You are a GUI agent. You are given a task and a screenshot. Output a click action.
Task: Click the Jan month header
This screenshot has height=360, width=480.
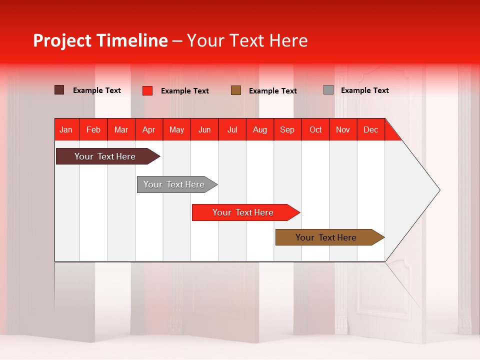66,129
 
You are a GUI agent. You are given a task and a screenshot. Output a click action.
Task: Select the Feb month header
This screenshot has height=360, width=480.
93,129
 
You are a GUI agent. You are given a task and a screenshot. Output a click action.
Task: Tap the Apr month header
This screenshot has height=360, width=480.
148,129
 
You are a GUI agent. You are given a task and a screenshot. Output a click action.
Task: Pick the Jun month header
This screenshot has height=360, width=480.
204,129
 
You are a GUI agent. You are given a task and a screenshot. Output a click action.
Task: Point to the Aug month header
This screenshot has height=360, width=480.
260,129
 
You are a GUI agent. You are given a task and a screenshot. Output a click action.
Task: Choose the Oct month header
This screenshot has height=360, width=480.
315,129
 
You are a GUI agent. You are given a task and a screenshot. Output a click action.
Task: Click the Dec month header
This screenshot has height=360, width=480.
370,129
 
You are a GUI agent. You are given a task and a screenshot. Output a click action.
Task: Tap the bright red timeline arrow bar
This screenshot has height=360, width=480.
243,212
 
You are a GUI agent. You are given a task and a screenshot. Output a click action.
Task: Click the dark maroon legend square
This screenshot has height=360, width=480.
59,90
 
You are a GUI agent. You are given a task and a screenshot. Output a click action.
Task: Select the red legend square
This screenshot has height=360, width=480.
147,90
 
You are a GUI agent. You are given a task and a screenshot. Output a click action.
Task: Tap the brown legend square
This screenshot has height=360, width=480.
236,90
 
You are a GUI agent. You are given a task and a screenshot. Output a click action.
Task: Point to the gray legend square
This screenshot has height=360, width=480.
328,90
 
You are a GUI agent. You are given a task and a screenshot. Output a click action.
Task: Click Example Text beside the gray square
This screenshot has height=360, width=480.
364,90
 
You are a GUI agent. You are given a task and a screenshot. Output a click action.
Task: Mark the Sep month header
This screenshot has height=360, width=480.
287,129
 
